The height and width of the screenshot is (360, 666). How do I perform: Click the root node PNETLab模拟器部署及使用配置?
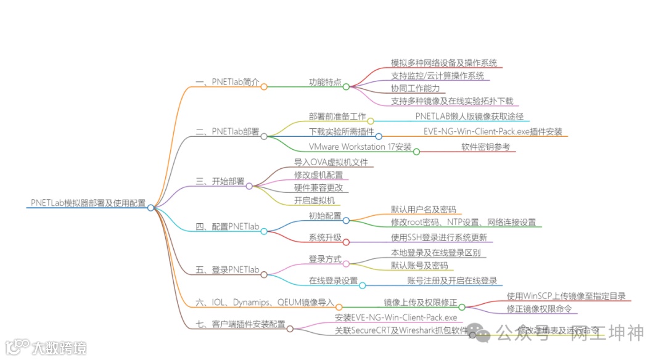[88, 202]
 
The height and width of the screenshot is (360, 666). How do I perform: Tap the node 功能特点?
[325, 82]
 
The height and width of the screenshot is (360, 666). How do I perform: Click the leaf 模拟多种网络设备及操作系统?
[444, 63]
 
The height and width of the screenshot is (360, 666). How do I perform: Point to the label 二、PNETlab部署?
[227, 131]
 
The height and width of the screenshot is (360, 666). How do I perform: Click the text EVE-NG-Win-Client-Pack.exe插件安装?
[493, 131]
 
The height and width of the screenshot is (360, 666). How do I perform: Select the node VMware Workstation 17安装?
[360, 147]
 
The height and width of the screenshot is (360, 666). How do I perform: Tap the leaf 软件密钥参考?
[486, 147]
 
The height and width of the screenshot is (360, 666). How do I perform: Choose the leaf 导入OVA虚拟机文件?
[331, 162]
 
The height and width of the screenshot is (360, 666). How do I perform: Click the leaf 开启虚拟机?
[314, 200]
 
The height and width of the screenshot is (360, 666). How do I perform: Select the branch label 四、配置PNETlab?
[227, 226]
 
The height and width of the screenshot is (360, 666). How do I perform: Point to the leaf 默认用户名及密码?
[424, 210]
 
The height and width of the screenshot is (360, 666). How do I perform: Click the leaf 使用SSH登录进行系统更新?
[439, 237]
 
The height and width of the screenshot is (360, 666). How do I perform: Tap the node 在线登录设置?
[333, 280]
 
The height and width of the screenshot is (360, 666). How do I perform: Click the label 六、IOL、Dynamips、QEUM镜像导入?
[265, 302]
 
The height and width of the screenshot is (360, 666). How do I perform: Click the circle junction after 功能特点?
[346, 86]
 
